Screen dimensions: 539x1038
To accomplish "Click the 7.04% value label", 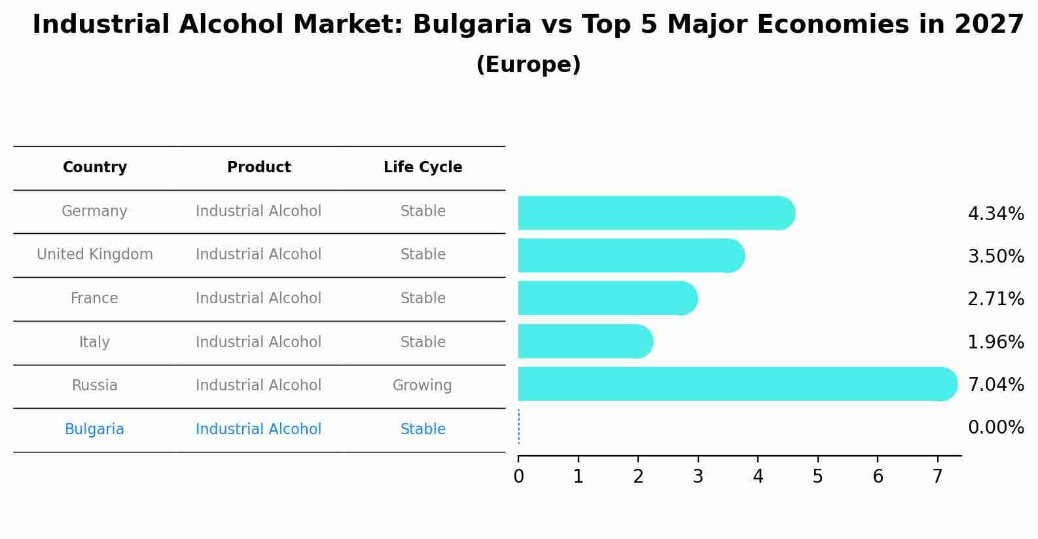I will tap(995, 384).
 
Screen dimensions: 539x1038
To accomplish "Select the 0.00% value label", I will tap(995, 428).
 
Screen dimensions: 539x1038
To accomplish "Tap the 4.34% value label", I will tap(995, 214).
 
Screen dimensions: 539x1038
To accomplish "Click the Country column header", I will tap(95, 168).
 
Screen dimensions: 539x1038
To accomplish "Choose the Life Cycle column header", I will tap(423, 168).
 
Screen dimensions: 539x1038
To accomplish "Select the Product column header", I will tap(259, 168).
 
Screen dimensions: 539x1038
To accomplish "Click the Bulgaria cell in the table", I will tap(94, 430).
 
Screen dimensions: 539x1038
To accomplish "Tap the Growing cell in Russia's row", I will tap(422, 386).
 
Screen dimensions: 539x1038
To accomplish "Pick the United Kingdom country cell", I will tap(95, 255).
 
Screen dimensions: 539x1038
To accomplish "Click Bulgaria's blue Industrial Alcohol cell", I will tap(259, 430).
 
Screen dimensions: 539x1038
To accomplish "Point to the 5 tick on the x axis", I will tap(817, 477).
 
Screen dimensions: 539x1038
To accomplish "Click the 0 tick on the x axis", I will tap(518, 477).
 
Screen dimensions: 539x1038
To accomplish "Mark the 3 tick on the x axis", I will tap(698, 477).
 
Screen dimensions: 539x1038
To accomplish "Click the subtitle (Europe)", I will tap(528, 65).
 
